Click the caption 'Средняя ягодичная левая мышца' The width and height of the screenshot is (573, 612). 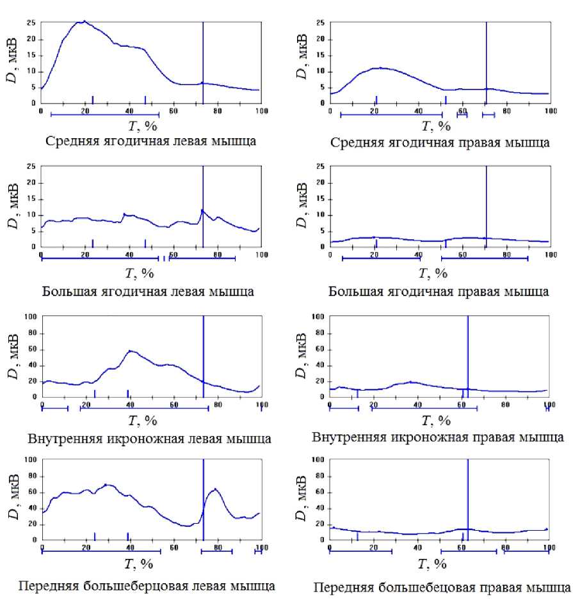coord(151,141)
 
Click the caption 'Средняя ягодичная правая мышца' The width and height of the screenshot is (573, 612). coord(440,142)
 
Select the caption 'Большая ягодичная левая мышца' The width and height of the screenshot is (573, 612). coord(149,292)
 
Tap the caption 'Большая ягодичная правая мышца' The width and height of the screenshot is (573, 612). coord(439,292)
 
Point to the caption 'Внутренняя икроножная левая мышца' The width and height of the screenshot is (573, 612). coord(149,439)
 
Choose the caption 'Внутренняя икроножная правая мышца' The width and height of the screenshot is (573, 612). coord(438,437)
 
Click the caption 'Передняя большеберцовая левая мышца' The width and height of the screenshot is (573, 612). coord(148,586)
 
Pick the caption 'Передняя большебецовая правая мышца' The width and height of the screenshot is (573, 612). coord(440,588)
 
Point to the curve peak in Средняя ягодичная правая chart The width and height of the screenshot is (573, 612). coord(380,67)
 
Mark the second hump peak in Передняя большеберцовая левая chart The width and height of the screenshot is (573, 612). coord(215,489)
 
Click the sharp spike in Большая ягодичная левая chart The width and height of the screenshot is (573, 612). coord(202,210)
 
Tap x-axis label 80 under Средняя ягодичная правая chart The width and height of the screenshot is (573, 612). coord(506,112)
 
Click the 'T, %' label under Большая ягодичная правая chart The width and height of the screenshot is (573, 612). coord(433,273)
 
